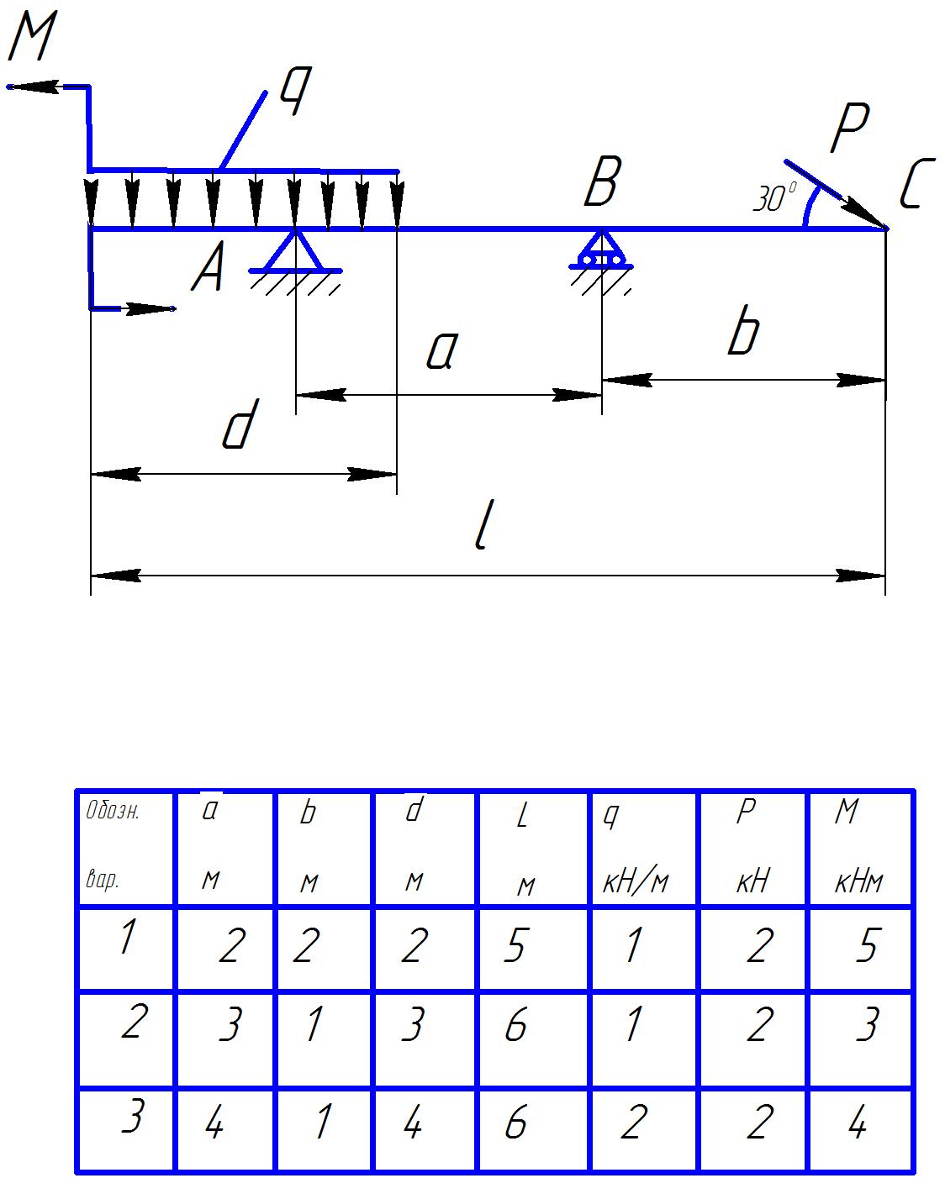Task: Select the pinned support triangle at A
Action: pyautogui.click(x=295, y=251)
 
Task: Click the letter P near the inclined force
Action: pyautogui.click(x=848, y=130)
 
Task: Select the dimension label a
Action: pyautogui.click(x=441, y=352)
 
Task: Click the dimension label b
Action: pyautogui.click(x=743, y=334)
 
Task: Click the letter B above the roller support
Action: pyautogui.click(x=602, y=182)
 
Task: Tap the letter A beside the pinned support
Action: pyautogui.click(x=208, y=271)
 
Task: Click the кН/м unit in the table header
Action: pyautogui.click(x=636, y=882)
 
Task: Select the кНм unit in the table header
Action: pyautogui.click(x=859, y=882)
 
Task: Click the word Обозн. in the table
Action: pyautogui.click(x=113, y=812)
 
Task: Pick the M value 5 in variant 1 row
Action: pyautogui.click(x=866, y=947)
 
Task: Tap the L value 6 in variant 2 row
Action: pyautogui.click(x=515, y=1026)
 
